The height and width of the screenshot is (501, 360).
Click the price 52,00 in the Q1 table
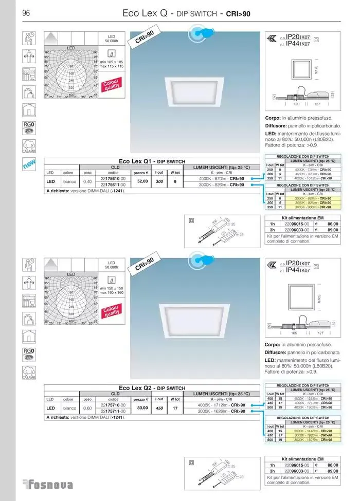pyautogui.click(x=142, y=181)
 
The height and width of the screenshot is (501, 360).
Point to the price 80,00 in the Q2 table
pyautogui.click(x=142, y=408)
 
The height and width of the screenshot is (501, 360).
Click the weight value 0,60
pyautogui.click(x=87, y=408)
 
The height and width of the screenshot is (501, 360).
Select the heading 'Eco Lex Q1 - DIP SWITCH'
pyautogui.click(x=152, y=161)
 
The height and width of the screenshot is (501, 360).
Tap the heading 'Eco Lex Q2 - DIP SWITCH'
pyautogui.click(x=152, y=388)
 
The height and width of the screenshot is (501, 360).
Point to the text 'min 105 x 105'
pyautogui.click(x=112, y=62)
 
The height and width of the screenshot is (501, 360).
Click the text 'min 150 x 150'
pyautogui.click(x=112, y=288)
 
